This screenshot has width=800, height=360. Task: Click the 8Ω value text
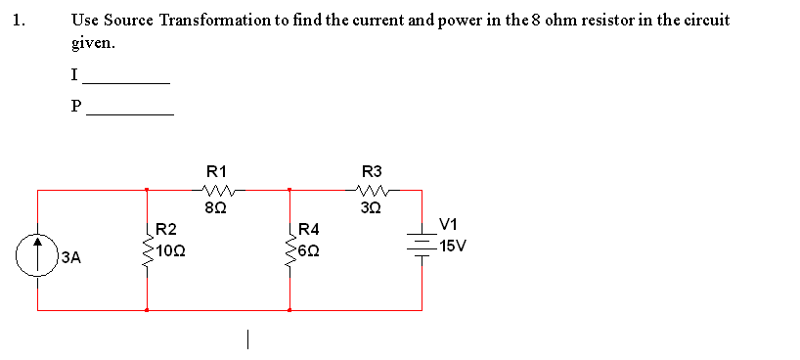coord(215,207)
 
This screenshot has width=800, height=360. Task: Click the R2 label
coord(166,229)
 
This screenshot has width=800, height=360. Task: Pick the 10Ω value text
coord(172,250)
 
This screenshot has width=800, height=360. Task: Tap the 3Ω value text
coord(372,207)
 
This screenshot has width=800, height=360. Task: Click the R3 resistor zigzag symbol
coord(372,190)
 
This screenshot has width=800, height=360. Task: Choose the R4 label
coord(308,229)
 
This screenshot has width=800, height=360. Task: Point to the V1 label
coord(449,224)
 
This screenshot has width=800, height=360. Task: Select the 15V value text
coord(453,246)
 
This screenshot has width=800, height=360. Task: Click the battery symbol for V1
coord(422,244)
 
